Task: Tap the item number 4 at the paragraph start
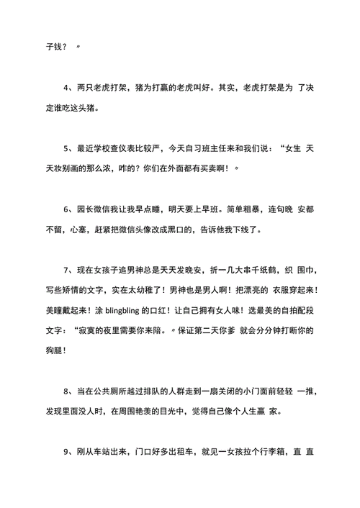tap(66, 88)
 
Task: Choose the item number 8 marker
tap(66, 391)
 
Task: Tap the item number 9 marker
tap(66, 453)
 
